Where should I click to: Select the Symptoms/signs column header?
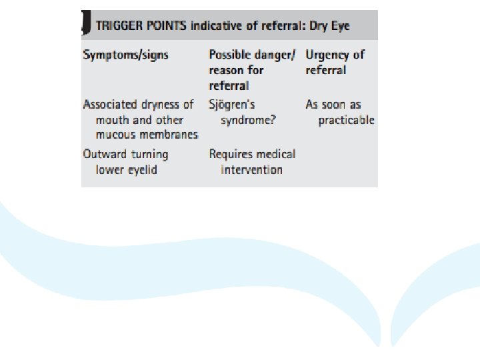[x=125, y=55]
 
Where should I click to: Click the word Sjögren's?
[x=232, y=105]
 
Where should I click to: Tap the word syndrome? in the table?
[x=248, y=120]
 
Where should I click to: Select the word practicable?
[x=346, y=120]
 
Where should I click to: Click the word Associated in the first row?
[x=110, y=105]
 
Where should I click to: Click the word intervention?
[x=251, y=169]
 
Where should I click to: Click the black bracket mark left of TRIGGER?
[x=86, y=25]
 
